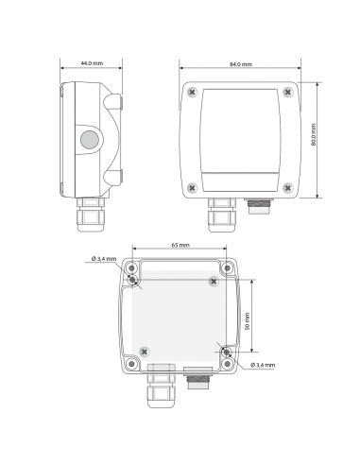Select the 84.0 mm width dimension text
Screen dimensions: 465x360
240,63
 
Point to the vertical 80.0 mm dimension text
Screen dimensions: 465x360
313,138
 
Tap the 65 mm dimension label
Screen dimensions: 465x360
180,245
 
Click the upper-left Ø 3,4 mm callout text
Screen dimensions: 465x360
103,259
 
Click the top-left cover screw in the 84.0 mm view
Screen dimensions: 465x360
193,93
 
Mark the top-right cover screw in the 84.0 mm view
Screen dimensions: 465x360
286,93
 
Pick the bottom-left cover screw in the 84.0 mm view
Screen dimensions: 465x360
193,185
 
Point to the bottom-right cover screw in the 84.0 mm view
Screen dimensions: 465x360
286,185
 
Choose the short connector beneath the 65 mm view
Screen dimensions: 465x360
197,380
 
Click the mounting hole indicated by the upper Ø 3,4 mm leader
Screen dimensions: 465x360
134,281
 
